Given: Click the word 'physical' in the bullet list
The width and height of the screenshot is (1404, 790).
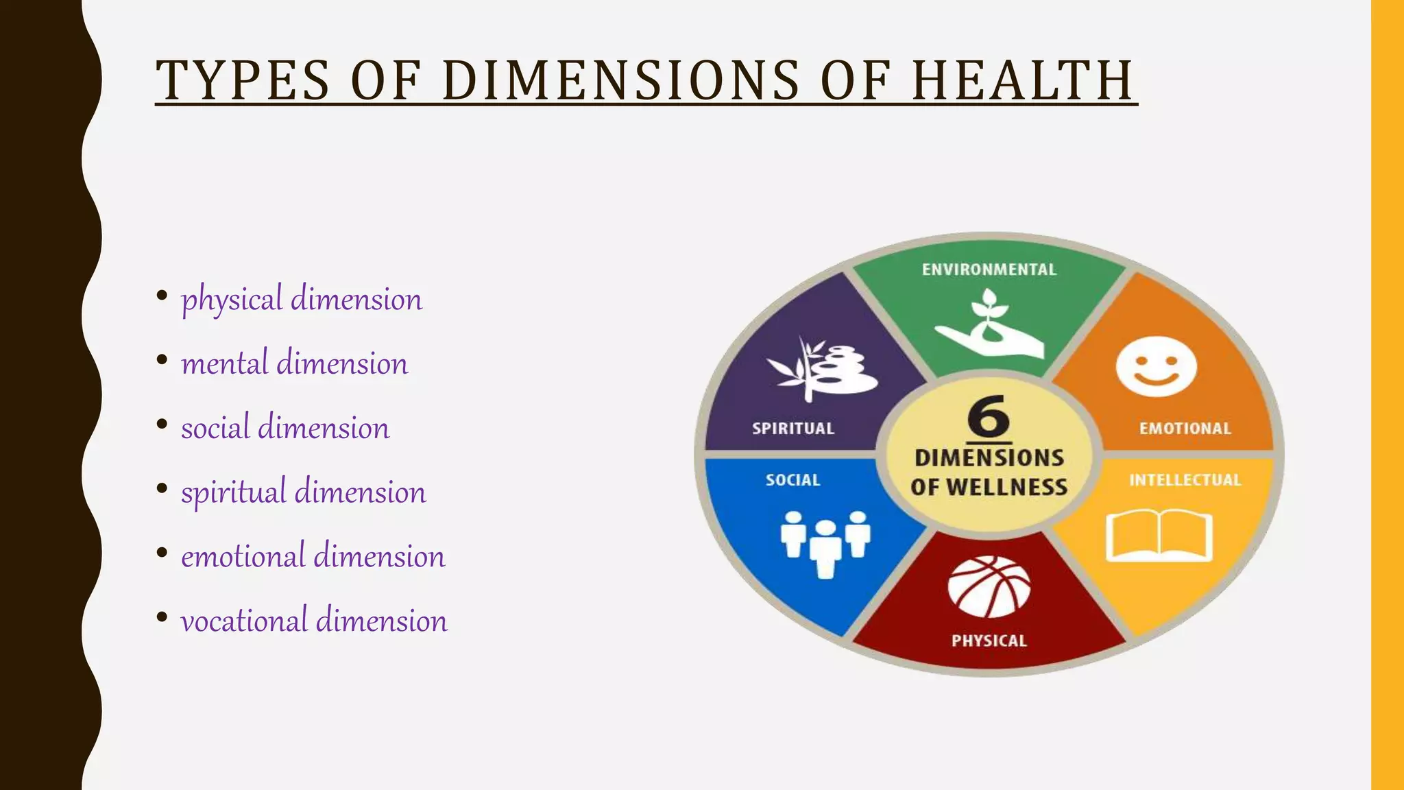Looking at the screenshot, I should tap(232, 300).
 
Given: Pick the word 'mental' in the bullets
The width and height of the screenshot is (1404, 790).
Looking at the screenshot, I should tap(224, 363).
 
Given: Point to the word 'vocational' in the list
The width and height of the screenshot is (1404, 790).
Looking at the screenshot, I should tap(244, 621).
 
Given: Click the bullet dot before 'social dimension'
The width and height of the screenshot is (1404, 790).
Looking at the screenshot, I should tap(162, 424).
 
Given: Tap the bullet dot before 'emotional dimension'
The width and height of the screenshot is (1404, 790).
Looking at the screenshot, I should tap(162, 553).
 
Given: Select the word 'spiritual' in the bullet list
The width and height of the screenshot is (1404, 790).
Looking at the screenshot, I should tap(234, 492).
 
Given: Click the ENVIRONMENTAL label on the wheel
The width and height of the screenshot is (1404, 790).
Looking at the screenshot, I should tap(989, 270).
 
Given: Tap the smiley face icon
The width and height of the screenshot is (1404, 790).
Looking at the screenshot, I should tap(1156, 366).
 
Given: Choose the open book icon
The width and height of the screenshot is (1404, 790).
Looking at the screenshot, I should tap(1159, 536).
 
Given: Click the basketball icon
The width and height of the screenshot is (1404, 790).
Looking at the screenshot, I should tap(989, 587).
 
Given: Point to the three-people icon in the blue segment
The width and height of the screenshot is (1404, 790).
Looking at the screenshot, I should tap(825, 542).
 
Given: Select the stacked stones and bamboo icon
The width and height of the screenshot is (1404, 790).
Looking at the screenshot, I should tap(823, 369).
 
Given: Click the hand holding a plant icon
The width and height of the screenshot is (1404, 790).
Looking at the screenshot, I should tap(989, 325).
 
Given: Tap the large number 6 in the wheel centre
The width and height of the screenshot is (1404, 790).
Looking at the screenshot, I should tap(989, 416).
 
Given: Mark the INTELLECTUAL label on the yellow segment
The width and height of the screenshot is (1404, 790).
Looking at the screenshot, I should tap(1185, 480).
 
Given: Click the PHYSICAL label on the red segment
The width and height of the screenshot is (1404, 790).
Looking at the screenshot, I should tap(989, 641).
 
